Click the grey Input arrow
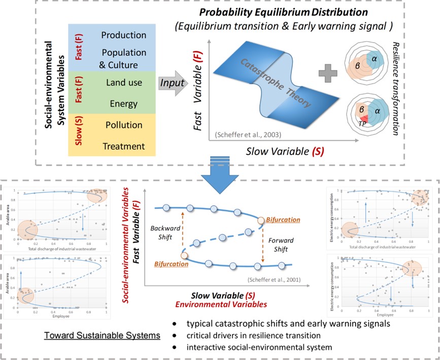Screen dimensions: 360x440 coord(172,83)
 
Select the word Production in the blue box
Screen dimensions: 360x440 coord(123,35)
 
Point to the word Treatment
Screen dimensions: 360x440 coord(123,146)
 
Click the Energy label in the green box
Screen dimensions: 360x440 coord(123,103)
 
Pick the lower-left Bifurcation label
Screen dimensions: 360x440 coord(171,264)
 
